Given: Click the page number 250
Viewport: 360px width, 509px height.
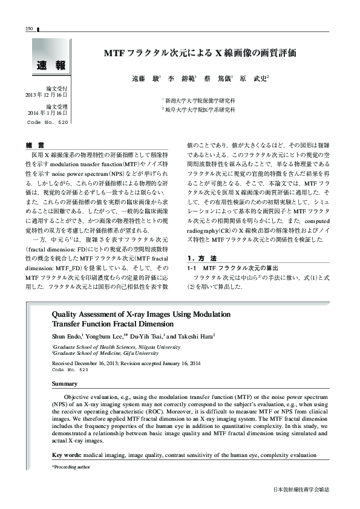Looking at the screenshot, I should tap(28, 28).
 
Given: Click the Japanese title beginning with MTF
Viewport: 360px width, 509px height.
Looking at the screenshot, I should tap(200, 53).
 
